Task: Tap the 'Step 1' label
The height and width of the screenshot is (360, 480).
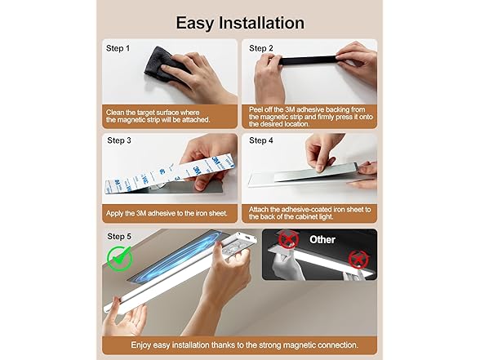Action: [118, 48]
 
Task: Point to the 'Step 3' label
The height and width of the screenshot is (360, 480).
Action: [120, 140]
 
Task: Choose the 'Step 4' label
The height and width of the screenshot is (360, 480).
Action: [260, 140]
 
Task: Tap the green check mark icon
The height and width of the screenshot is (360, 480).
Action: [121, 260]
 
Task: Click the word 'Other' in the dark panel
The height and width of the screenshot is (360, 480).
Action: [322, 240]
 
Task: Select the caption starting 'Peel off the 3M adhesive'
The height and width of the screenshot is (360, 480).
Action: [310, 115]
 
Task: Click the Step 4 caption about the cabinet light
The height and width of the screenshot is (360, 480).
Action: [310, 214]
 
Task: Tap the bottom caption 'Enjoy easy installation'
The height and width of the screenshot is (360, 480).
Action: [239, 344]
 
